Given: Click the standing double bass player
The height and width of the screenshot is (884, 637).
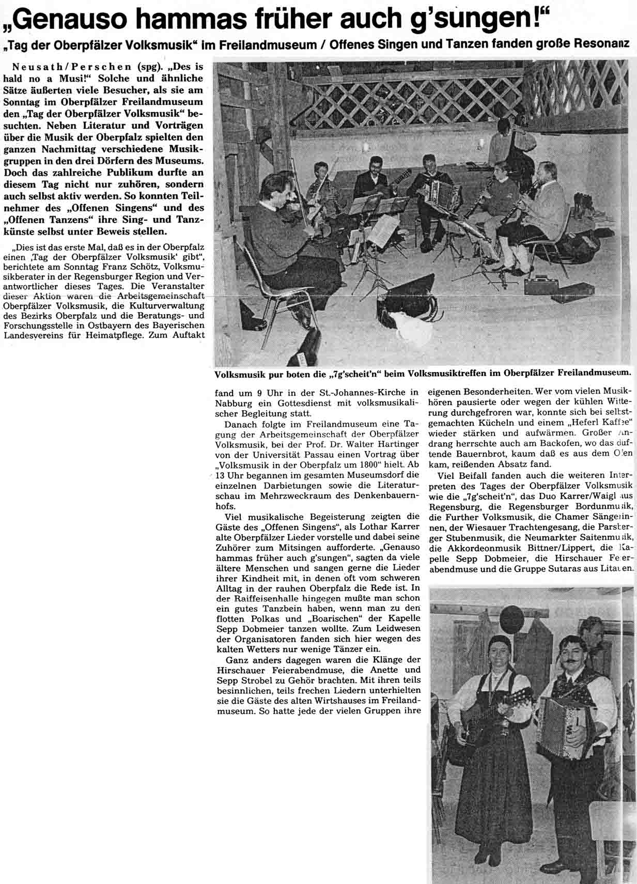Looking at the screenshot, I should coord(507,145).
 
